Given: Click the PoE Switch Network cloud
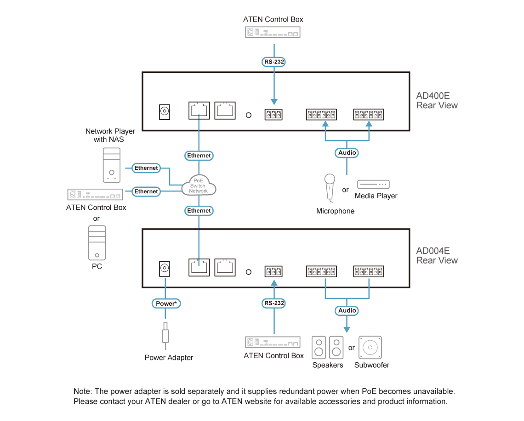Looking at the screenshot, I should point(199,185).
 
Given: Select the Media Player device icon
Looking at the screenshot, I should point(373,184).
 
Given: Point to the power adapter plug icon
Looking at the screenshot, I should point(165,332).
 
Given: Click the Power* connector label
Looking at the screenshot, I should point(165,303).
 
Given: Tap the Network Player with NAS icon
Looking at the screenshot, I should point(111,165).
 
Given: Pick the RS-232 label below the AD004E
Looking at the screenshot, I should point(274,303).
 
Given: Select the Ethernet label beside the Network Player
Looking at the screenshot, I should point(146,168).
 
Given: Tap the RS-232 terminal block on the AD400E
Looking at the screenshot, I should point(273,114).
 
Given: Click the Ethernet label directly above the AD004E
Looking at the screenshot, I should point(199,210).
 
